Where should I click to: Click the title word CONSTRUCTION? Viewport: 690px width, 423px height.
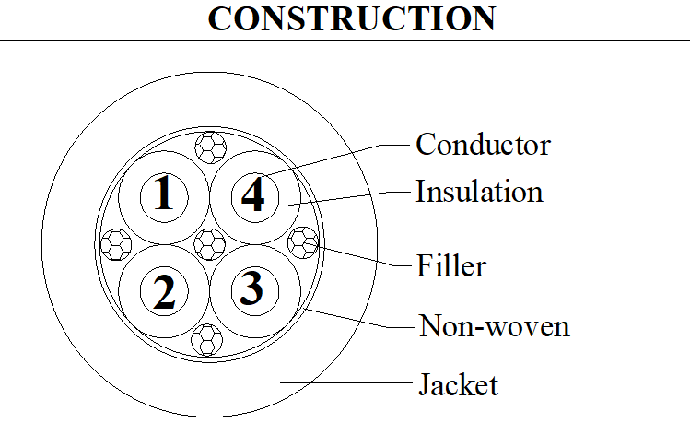click(352, 18)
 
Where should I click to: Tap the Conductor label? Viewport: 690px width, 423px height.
click(483, 145)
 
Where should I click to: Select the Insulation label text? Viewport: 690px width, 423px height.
click(479, 192)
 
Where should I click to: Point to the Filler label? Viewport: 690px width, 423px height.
click(451, 265)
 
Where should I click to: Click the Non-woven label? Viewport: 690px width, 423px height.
click(494, 325)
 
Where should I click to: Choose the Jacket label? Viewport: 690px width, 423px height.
click(458, 384)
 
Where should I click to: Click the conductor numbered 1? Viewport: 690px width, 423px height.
click(164, 197)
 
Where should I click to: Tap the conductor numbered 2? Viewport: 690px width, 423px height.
click(164, 291)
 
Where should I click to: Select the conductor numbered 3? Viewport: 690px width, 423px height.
click(255, 291)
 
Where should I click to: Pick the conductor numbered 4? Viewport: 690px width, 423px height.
click(255, 197)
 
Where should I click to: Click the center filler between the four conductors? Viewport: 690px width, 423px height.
click(209, 244)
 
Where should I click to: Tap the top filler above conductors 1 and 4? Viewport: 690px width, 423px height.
click(211, 147)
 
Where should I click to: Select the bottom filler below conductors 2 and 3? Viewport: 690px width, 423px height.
click(207, 340)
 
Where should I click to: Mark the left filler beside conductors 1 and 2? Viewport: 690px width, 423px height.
click(116, 244)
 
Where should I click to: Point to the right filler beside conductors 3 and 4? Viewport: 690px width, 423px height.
click(303, 242)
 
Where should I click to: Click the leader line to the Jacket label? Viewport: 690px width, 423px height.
click(345, 382)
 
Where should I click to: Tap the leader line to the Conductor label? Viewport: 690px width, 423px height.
click(336, 159)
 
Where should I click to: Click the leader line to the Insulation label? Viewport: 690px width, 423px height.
click(349, 198)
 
